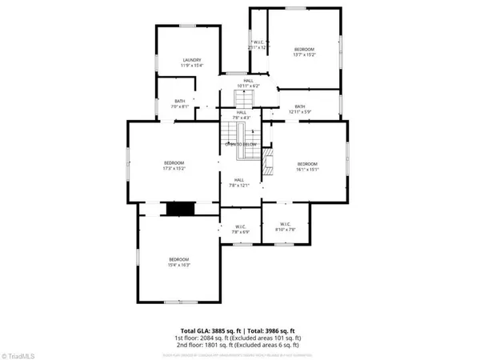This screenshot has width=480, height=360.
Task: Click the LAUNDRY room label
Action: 190,59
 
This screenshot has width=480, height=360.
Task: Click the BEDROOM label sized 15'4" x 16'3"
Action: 178,258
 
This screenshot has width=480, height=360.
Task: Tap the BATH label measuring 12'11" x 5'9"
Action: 300,106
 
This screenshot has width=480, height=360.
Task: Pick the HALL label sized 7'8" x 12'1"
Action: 239,180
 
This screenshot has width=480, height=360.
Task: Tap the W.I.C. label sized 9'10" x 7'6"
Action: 286,224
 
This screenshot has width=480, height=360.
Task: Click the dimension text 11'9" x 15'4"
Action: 190,65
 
